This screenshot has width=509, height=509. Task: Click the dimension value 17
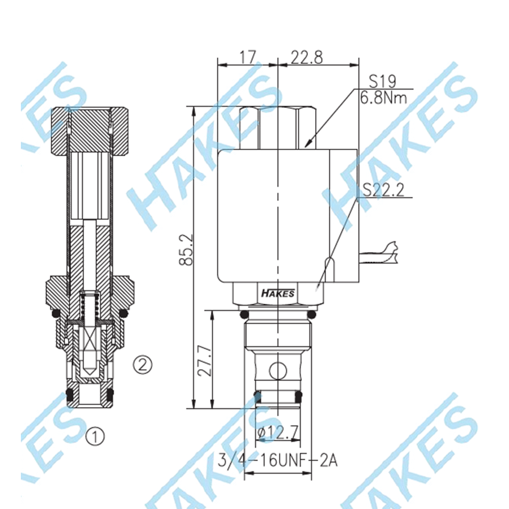click(x=247, y=57)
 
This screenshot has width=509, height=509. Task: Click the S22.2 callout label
click(x=383, y=190)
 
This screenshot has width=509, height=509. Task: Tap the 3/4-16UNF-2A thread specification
click(x=277, y=461)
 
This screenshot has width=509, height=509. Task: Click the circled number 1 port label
click(x=95, y=436)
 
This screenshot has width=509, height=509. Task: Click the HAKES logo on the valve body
click(x=277, y=293)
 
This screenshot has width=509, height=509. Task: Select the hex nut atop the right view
click(x=278, y=127)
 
